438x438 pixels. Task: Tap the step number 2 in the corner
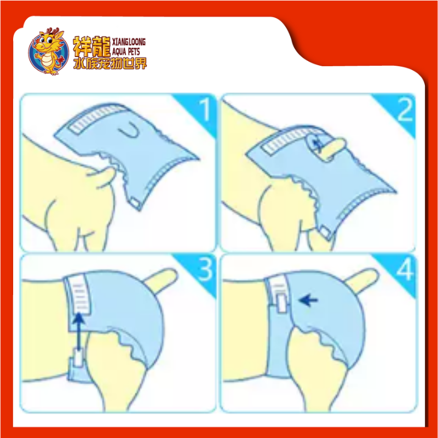click(x=405, y=110)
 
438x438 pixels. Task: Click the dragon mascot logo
click(x=48, y=51)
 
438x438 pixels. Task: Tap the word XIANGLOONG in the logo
click(x=129, y=42)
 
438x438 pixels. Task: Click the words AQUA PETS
click(x=126, y=51)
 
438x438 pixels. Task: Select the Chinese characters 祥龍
click(x=91, y=47)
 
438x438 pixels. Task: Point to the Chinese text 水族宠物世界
click(x=110, y=64)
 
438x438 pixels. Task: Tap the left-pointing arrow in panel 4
click(x=308, y=300)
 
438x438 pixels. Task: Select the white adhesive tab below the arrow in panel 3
click(x=78, y=358)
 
